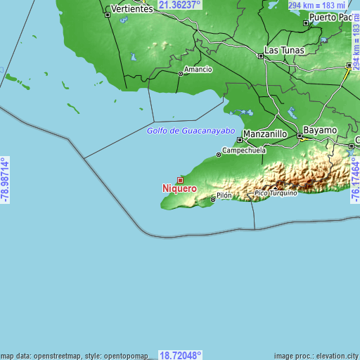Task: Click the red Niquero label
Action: (x=179, y=188)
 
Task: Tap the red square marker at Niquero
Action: (x=180, y=179)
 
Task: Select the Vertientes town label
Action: (x=131, y=8)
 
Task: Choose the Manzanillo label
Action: (x=264, y=133)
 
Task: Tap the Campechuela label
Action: (x=244, y=150)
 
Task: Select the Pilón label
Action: (x=224, y=195)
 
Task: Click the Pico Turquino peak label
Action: (x=276, y=193)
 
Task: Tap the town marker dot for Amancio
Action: (x=180, y=73)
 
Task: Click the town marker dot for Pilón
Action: (x=213, y=200)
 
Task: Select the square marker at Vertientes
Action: (x=108, y=14)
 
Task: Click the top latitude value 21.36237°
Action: (x=179, y=4)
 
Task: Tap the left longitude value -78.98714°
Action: (x=5, y=180)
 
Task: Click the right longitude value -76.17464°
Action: (x=355, y=180)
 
